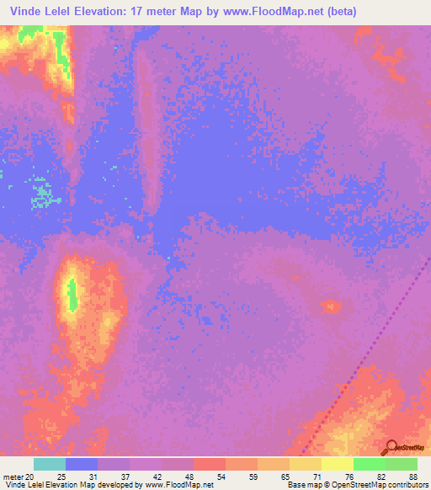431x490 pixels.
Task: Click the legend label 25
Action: point(61,476)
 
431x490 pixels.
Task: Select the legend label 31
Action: point(93,476)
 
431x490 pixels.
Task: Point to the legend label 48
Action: point(190,476)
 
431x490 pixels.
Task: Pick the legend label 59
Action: point(254,476)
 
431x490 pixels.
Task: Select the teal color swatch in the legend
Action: point(49,464)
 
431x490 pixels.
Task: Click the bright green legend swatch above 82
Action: point(369,464)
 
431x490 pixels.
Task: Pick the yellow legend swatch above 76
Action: point(337,464)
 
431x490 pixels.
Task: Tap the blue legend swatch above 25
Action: point(81,464)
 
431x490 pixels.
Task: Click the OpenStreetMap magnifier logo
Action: point(391,447)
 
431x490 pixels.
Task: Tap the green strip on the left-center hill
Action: point(72,294)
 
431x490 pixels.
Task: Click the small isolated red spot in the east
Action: point(331,306)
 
